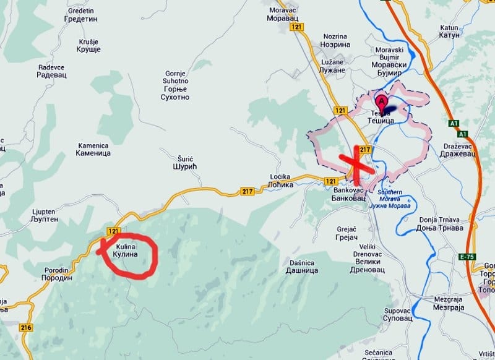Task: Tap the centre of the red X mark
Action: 355,162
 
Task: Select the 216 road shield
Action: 25,327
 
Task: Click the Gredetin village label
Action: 81,15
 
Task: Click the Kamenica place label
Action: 93,149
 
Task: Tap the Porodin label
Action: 58,274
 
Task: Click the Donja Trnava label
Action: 439,224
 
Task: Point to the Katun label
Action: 449,32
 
